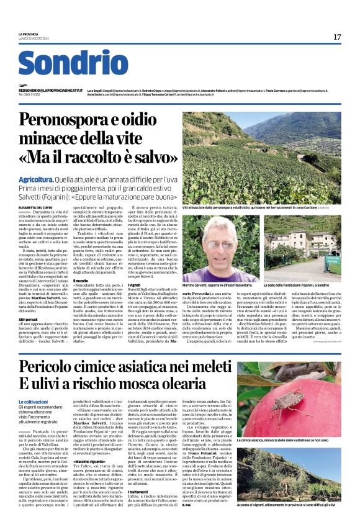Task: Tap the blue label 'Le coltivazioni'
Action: click(34, 402)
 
